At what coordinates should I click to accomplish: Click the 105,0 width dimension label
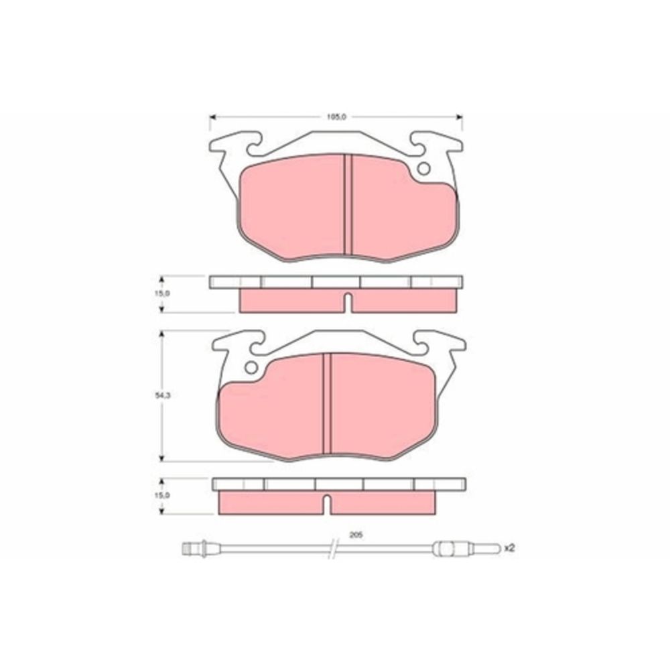(335, 117)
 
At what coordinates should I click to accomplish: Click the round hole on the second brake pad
(251, 367)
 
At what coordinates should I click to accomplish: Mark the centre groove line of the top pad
(347, 204)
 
